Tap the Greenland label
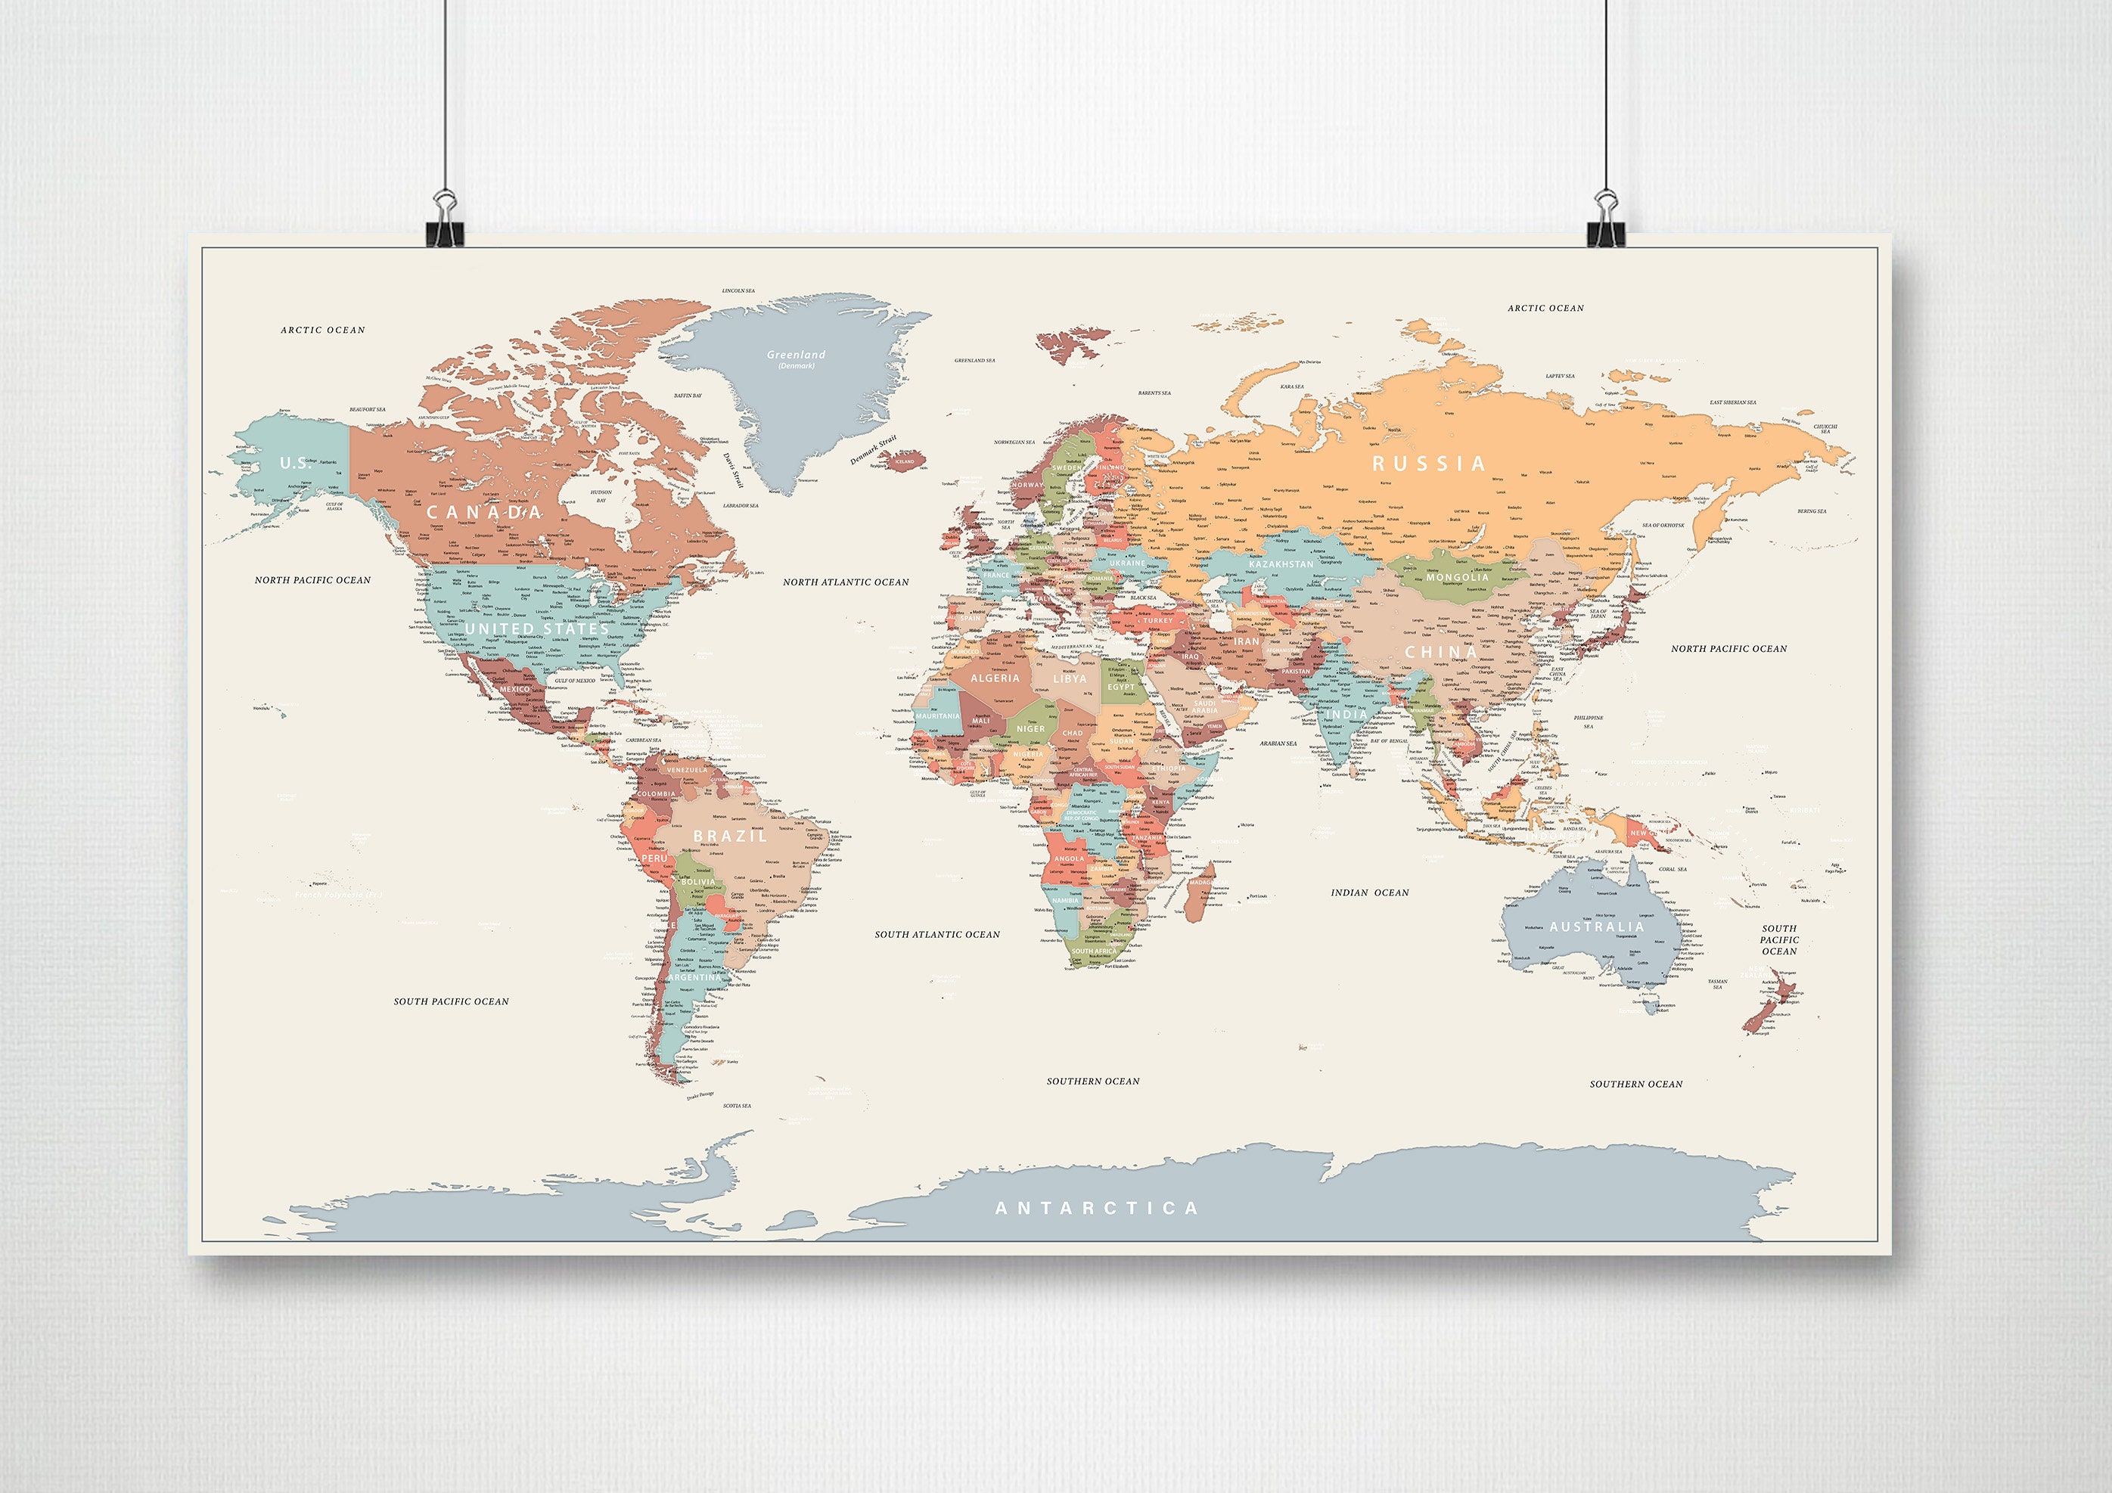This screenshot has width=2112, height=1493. pyautogui.click(x=797, y=355)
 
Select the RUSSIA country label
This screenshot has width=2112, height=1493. pyautogui.click(x=1428, y=464)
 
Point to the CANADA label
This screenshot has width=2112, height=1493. pyautogui.click(x=484, y=511)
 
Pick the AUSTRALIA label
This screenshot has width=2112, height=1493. pyautogui.click(x=1596, y=927)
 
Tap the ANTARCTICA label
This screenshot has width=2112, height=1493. pyautogui.click(x=1097, y=1208)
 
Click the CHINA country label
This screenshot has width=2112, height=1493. pyautogui.click(x=1440, y=651)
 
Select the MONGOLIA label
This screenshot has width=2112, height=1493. pyautogui.click(x=1457, y=578)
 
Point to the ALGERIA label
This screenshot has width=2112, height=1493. pyautogui.click(x=995, y=678)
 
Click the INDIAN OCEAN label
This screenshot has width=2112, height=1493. pyautogui.click(x=1370, y=892)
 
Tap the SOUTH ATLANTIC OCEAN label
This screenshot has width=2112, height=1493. pyautogui.click(x=936, y=935)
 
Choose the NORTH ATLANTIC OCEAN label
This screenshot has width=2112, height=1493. pyautogui.click(x=846, y=582)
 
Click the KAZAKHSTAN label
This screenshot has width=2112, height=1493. pyautogui.click(x=1281, y=564)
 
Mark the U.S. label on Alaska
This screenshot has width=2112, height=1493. pyautogui.click(x=295, y=463)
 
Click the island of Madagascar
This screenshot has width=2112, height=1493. pyautogui.click(x=1197, y=892)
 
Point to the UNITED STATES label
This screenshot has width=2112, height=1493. pyautogui.click(x=536, y=629)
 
